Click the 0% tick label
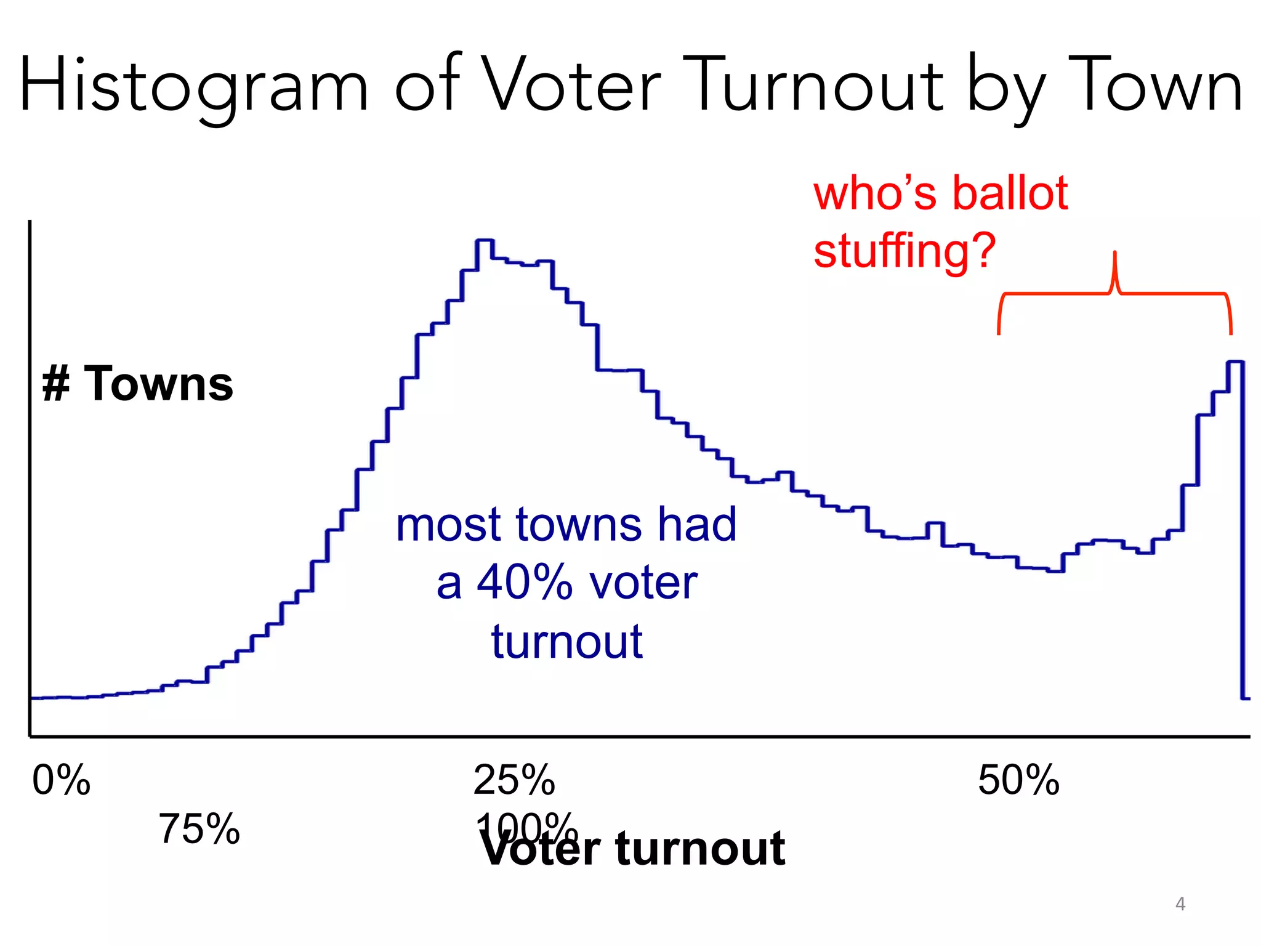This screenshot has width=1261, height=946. (x=61, y=780)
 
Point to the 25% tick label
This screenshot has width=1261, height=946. (x=514, y=780)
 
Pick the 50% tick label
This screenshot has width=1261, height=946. (x=1018, y=780)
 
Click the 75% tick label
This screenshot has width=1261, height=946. (x=199, y=829)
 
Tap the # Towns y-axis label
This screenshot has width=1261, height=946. (x=138, y=384)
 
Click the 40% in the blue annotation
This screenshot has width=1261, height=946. (x=525, y=583)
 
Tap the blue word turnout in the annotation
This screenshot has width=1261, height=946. (x=566, y=642)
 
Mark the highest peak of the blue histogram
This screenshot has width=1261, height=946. (x=485, y=240)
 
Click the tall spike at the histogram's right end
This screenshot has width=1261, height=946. (x=1235, y=363)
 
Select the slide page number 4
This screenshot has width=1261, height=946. (x=1180, y=904)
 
